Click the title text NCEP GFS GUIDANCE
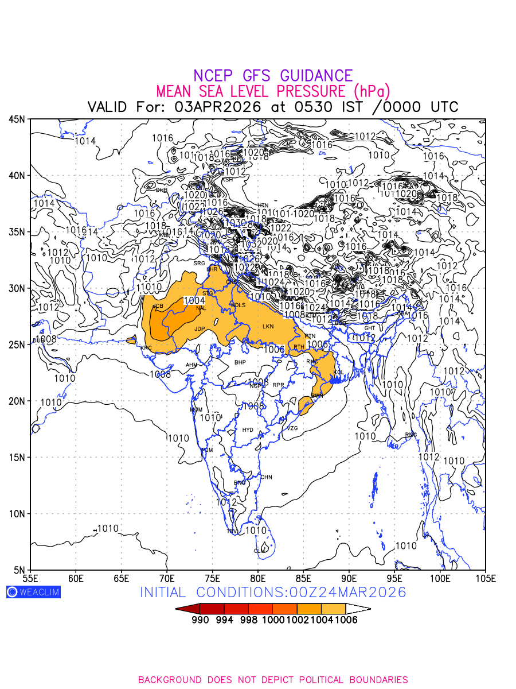(273, 76)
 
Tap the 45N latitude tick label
(17, 119)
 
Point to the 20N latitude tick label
(17, 401)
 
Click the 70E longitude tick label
(167, 577)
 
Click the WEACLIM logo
(33, 592)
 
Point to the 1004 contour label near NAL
(194, 300)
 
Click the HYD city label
(248, 430)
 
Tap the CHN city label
(267, 477)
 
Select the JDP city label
(200, 329)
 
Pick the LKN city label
(268, 327)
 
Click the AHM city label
(191, 365)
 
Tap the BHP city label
(240, 363)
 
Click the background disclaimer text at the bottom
(273, 680)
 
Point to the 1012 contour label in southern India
(226, 502)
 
